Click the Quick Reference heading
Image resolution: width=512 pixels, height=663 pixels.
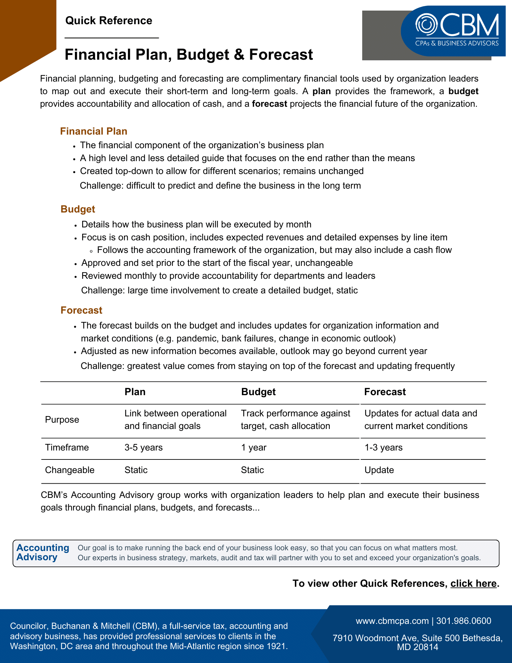tap(109, 21)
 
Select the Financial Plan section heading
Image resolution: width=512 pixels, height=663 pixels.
tap(94, 131)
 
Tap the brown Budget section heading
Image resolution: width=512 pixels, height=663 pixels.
tap(78, 209)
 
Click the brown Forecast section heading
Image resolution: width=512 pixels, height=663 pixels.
tap(82, 310)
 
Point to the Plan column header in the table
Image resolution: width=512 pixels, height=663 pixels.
tap(135, 392)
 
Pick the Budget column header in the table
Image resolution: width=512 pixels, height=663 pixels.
tap(258, 392)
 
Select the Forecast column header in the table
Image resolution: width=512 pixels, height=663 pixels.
tap(385, 392)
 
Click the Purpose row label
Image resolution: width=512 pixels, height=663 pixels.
tap(62, 420)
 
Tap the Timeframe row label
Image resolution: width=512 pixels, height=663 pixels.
tap(67, 448)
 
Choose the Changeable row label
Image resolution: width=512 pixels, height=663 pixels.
tap(70, 470)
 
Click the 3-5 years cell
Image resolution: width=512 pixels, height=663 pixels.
tap(143, 448)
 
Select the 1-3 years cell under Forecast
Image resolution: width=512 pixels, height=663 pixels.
tap(383, 448)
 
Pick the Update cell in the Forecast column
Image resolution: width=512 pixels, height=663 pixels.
tap(379, 470)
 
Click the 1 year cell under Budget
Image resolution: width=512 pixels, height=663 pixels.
tap(254, 448)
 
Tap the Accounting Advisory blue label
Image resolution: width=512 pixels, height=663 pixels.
tap(43, 553)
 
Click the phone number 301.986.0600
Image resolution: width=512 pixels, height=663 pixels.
tap(464, 621)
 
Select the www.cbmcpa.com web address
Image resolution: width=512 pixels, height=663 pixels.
tap(392, 621)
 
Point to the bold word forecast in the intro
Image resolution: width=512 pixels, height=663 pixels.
tap(269, 104)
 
